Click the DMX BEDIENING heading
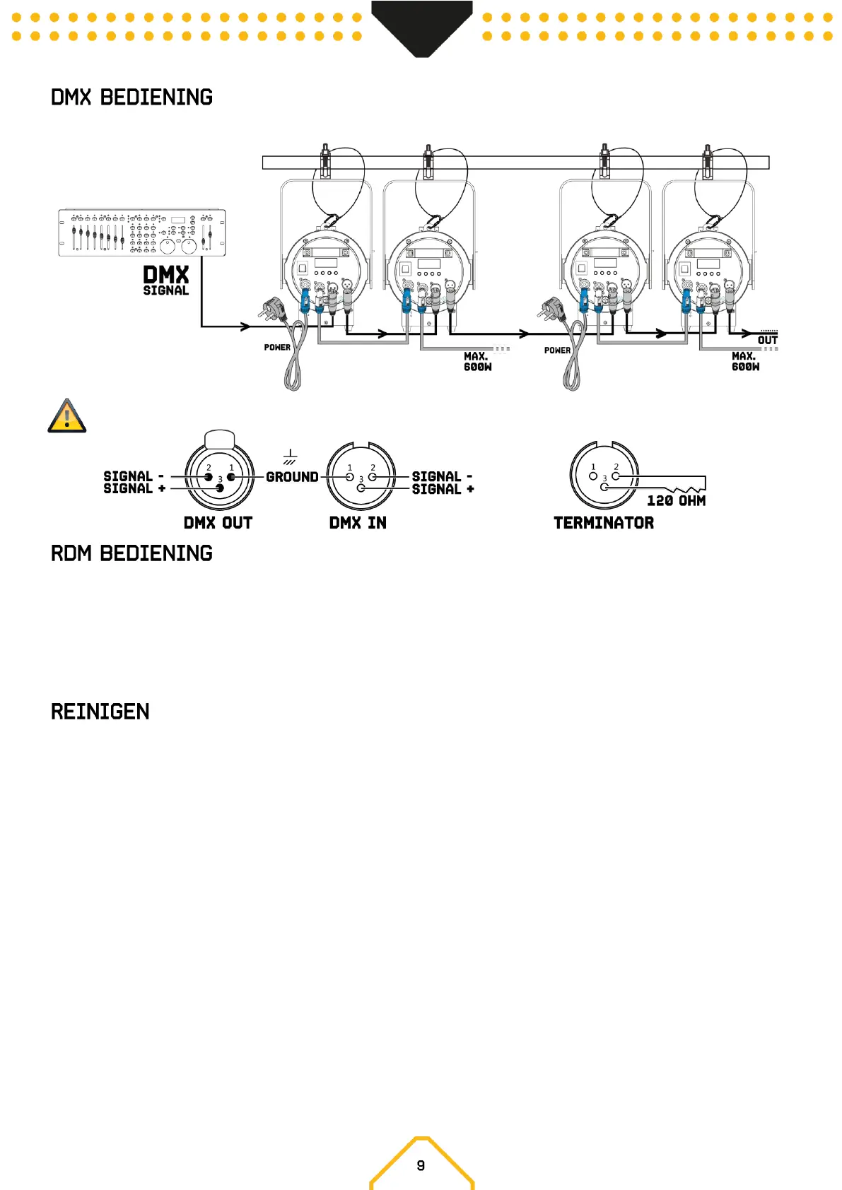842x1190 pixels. click(131, 98)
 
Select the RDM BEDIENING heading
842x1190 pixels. click(131, 553)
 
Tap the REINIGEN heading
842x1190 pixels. click(100, 712)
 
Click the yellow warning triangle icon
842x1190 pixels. click(67, 416)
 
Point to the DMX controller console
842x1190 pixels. click(142, 232)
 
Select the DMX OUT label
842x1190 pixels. click(218, 523)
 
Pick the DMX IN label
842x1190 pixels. click(358, 523)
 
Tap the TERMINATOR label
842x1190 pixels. click(604, 523)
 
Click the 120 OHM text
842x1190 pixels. click(677, 501)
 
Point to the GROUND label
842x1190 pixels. click(292, 477)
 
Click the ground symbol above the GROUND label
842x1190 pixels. click(290, 457)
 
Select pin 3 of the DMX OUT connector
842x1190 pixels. click(220, 488)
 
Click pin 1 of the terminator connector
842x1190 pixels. click(593, 476)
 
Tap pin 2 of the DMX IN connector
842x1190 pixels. click(373, 476)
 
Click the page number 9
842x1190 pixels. click(421, 1166)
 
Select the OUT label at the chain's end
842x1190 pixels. click(768, 341)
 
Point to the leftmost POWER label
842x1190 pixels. click(277, 348)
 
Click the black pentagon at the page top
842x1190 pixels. click(422, 25)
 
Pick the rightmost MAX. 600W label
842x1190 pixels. click(745, 362)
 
